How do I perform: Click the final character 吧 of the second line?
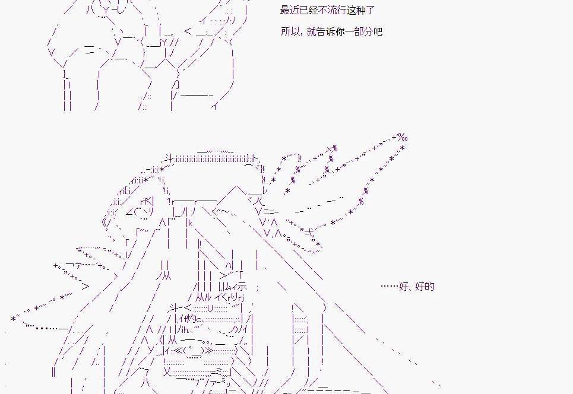point(378,31)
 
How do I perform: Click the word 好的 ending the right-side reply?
point(425,286)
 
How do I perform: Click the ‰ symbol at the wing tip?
point(403,138)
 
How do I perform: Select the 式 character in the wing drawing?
point(309,231)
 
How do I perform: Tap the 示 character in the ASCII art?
point(242,285)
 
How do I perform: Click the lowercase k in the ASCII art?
point(191,223)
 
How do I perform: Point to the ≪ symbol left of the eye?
point(178,351)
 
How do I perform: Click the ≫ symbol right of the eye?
point(208,351)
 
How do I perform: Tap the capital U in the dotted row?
point(210,308)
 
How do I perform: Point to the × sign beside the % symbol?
point(330,149)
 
